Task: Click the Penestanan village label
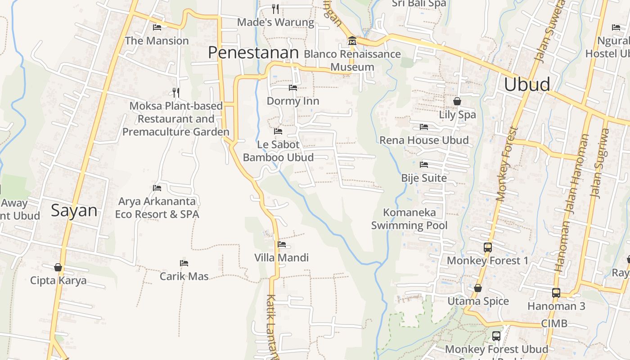[253, 53]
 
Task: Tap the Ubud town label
[527, 85]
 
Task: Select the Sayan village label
[74, 211]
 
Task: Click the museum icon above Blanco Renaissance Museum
[352, 41]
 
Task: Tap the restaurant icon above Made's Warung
[275, 9]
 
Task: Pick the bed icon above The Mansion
[157, 27]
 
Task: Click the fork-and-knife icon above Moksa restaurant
[176, 93]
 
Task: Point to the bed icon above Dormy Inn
[293, 88]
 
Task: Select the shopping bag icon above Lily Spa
[457, 101]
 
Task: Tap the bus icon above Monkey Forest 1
[488, 247]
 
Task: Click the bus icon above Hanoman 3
[556, 292]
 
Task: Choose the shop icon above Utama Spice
[478, 288]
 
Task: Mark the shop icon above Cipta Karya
[58, 267]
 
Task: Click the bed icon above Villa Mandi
[282, 244]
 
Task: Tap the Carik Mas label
[184, 276]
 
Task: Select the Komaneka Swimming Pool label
[409, 219]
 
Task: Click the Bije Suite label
[424, 178]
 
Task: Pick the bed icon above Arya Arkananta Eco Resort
[157, 188]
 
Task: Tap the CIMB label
[554, 324]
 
